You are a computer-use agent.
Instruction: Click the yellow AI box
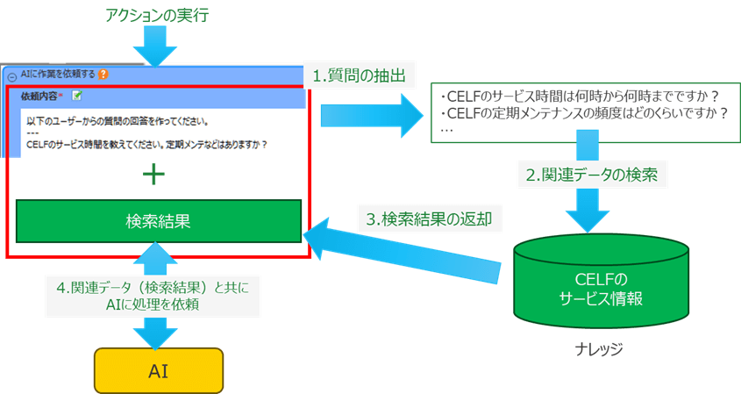[x=159, y=369]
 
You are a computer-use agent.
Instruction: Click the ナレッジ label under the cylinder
[x=602, y=348]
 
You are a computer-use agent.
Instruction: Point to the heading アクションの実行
[x=157, y=15]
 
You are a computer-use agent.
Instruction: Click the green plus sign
[x=154, y=175]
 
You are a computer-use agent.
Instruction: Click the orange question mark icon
[x=103, y=75]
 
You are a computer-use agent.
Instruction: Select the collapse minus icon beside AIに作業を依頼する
[x=11, y=76]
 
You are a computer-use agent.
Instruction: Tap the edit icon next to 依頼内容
[x=77, y=95]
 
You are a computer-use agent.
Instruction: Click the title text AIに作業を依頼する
[x=58, y=75]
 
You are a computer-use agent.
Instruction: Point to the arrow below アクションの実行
[x=158, y=47]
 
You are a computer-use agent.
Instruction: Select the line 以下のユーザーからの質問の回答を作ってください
[x=123, y=120]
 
